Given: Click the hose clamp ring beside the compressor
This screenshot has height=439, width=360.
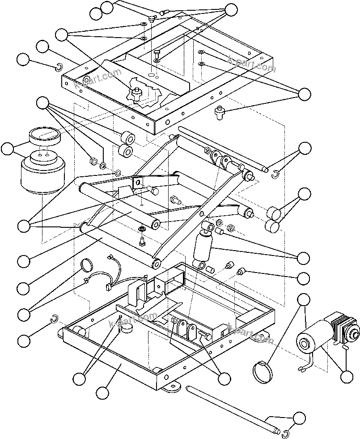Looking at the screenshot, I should tap(263, 371).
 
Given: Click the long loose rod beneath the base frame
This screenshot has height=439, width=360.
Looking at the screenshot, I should tap(228, 409).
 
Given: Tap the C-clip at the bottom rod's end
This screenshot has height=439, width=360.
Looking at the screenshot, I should tap(286, 433).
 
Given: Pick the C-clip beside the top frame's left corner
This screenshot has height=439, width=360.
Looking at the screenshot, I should tap(58, 68).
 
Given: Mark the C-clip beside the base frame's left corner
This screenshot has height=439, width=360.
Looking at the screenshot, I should tap(54, 319).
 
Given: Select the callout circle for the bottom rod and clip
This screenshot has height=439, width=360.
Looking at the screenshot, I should tap(301, 418).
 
